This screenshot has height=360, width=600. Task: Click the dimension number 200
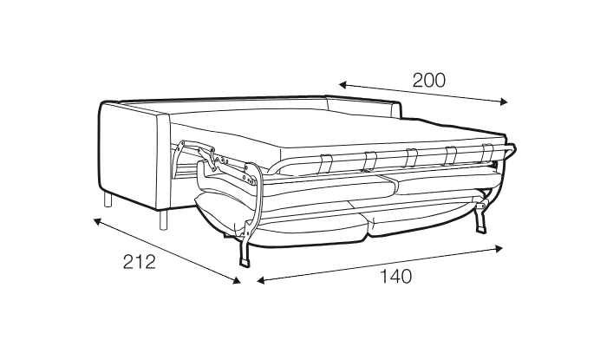[x=429, y=81]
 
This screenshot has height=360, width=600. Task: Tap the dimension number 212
[x=140, y=262]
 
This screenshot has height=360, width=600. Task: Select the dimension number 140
[x=395, y=277]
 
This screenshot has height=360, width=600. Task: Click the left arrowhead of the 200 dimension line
[x=342, y=85]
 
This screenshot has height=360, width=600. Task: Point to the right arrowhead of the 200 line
[x=504, y=101]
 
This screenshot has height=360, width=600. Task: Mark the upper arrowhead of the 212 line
[x=97, y=221]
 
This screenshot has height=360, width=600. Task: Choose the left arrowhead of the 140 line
[x=261, y=281]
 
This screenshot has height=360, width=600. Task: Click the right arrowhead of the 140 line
[x=499, y=249]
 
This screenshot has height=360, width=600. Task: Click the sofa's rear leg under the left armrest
[x=108, y=200]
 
